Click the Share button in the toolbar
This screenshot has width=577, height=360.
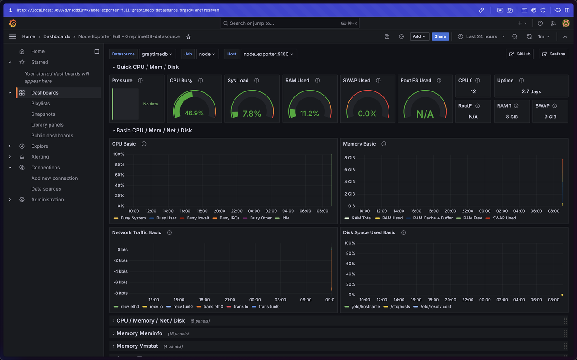click(440, 36)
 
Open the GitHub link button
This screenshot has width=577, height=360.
click(519, 54)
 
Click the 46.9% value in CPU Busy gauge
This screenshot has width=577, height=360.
click(194, 113)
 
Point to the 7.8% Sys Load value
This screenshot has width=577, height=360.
click(252, 114)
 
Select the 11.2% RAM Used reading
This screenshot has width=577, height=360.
click(310, 114)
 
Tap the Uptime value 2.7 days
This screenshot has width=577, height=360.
click(531, 91)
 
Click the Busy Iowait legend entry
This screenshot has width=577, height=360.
click(198, 218)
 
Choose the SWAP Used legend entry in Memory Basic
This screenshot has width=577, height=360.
click(504, 218)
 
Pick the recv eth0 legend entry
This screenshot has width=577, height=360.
click(130, 307)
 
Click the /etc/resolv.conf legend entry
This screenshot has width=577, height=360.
click(435, 307)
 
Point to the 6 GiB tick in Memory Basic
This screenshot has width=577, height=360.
click(349, 170)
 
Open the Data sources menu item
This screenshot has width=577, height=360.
click(46, 189)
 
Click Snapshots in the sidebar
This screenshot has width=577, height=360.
click(43, 114)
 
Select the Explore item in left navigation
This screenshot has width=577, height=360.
click(40, 146)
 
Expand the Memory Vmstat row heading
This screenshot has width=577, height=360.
click(137, 346)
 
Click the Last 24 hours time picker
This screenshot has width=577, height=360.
click(481, 36)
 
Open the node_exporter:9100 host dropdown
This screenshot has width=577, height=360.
click(268, 54)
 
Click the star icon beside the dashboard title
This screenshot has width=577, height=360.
click(188, 36)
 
